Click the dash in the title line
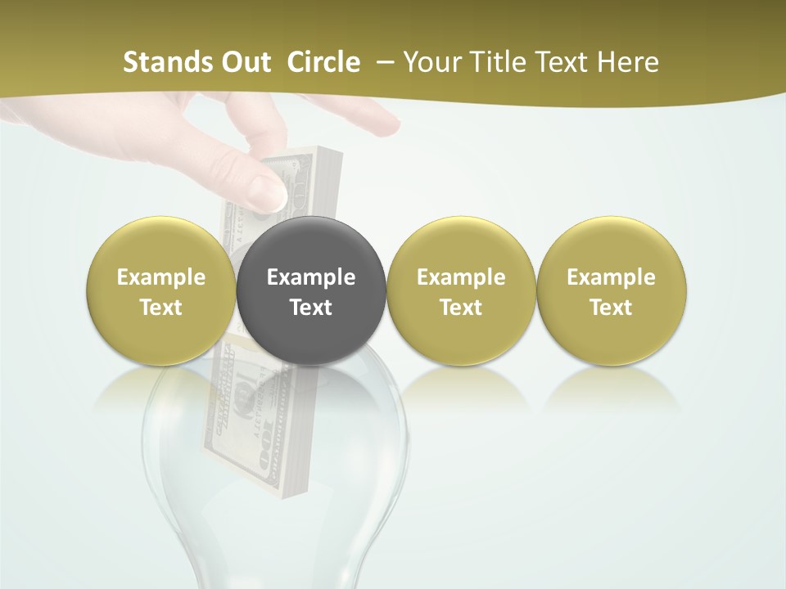tap(382, 63)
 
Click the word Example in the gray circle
tap(311, 277)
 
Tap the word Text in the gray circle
tap(311, 308)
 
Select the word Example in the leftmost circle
tap(161, 277)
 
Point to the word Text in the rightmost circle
tap(611, 308)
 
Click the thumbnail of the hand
tap(269, 191)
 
